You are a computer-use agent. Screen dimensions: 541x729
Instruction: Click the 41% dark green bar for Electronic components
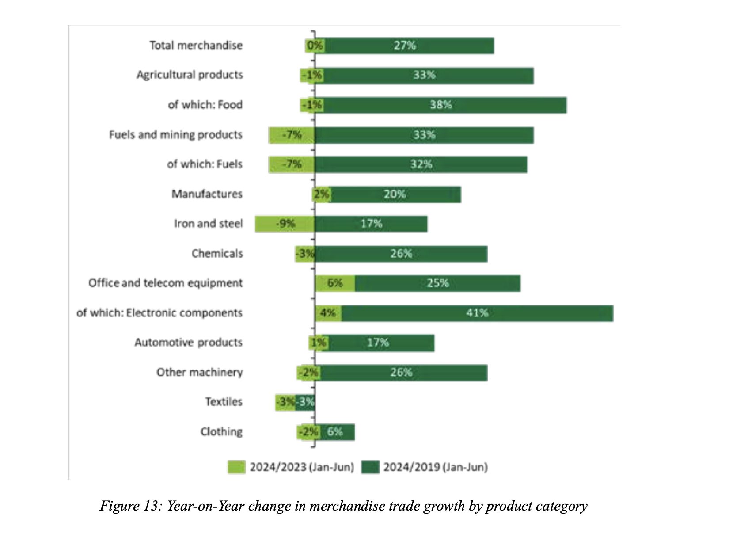pyautogui.click(x=477, y=313)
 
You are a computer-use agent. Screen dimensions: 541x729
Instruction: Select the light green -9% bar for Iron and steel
pyautogui.click(x=285, y=224)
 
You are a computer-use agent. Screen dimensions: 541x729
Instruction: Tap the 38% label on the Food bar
pyautogui.click(x=440, y=105)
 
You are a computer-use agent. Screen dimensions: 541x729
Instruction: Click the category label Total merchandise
pyautogui.click(x=196, y=46)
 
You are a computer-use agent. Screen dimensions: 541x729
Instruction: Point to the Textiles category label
pyautogui.click(x=224, y=402)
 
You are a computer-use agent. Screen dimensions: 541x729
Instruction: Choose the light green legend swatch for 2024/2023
pyautogui.click(x=236, y=467)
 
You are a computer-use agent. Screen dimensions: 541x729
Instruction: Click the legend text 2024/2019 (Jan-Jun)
pyautogui.click(x=435, y=467)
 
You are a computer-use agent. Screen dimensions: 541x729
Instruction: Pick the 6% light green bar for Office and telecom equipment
pyautogui.click(x=335, y=283)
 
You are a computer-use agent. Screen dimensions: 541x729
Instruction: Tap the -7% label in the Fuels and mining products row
pyautogui.click(x=292, y=135)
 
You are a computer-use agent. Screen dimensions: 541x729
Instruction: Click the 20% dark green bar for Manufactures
pyautogui.click(x=395, y=194)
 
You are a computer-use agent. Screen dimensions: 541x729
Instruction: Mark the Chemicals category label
pyautogui.click(x=217, y=254)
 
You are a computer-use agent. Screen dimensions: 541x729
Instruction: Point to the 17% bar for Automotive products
pyautogui.click(x=378, y=343)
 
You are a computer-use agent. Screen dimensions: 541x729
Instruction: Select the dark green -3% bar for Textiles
pyautogui.click(x=305, y=402)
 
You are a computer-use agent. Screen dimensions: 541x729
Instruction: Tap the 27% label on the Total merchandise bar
pyautogui.click(x=405, y=46)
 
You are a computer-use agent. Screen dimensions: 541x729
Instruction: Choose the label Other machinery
pyautogui.click(x=199, y=372)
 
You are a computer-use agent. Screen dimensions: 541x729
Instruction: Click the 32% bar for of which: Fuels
pyautogui.click(x=421, y=164)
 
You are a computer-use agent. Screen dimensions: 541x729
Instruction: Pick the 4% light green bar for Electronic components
pyautogui.click(x=328, y=313)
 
